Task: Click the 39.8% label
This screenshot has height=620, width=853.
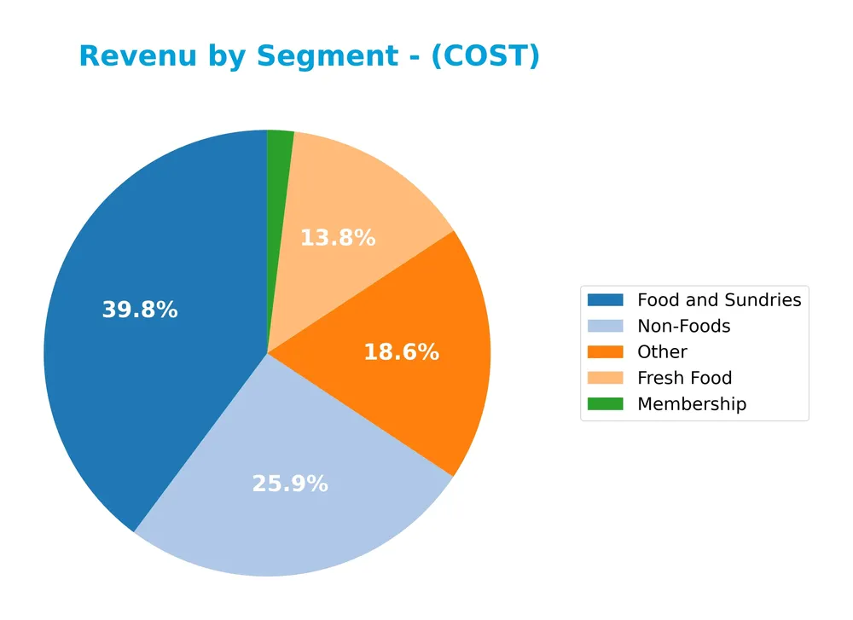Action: pos(140,310)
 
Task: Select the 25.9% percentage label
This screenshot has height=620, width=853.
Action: pos(290,484)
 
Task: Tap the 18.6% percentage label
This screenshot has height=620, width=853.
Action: pos(401,352)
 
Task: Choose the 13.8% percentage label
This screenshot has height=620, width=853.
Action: pos(338,238)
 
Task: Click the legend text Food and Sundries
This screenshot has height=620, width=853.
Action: pos(719,300)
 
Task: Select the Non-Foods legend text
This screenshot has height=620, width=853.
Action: pos(683,326)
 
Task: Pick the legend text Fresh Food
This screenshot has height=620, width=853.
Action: pos(684,378)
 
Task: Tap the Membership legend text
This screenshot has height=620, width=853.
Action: pos(691,404)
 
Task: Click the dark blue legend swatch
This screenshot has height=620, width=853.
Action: pos(606,300)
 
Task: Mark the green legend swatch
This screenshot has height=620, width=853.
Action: pos(606,404)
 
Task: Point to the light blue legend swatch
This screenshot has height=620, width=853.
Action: pos(606,326)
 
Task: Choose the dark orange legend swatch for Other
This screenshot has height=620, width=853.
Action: pos(606,352)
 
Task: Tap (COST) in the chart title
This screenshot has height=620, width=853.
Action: pos(485,56)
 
